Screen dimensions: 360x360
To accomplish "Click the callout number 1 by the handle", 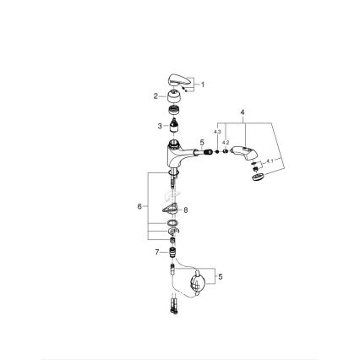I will (203, 85).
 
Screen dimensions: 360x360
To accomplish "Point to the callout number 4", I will (243, 112).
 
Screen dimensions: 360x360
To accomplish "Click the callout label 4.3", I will (217, 132).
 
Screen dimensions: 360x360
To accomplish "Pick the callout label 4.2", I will (226, 143).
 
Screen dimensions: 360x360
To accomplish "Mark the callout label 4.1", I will (270, 160).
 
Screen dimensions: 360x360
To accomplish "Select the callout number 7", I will (157, 251).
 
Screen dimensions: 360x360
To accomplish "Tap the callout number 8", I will (186, 210).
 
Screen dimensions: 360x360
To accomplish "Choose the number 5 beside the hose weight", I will (221, 275).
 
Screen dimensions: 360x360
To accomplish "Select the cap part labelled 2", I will (173, 97).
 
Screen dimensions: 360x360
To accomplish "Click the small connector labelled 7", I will (172, 251).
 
